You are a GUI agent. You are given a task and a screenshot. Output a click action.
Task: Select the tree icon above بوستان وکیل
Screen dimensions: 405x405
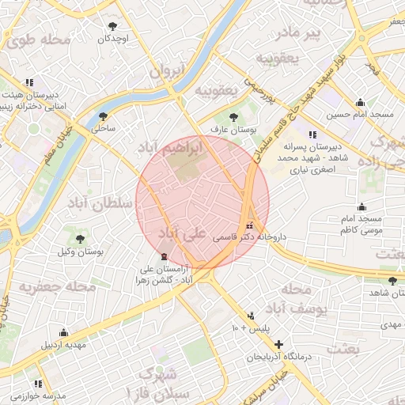[x=80, y=238]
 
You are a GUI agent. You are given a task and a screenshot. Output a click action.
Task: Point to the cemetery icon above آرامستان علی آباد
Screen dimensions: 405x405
[x=164, y=256]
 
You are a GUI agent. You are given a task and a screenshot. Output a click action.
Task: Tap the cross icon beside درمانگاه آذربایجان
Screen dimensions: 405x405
[x=278, y=344]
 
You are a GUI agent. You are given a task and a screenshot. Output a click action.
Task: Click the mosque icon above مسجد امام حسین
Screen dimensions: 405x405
[x=361, y=102]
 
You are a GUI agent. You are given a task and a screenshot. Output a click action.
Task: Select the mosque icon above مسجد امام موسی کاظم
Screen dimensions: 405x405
[x=361, y=206]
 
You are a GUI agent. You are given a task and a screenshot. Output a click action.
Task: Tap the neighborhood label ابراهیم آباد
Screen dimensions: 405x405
[x=170, y=148]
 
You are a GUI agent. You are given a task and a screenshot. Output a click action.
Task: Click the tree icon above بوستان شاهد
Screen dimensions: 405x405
[x=393, y=281]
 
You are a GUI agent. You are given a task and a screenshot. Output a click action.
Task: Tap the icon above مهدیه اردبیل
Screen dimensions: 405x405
[x=63, y=332]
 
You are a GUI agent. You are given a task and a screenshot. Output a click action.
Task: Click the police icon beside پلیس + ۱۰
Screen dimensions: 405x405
[x=252, y=315]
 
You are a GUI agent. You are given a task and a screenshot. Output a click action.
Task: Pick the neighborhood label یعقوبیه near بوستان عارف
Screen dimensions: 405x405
[x=216, y=90]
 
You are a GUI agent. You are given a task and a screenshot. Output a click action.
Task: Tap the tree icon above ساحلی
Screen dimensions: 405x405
[x=103, y=116]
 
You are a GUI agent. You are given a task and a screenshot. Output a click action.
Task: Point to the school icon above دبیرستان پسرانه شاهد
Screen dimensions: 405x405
[x=312, y=134]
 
